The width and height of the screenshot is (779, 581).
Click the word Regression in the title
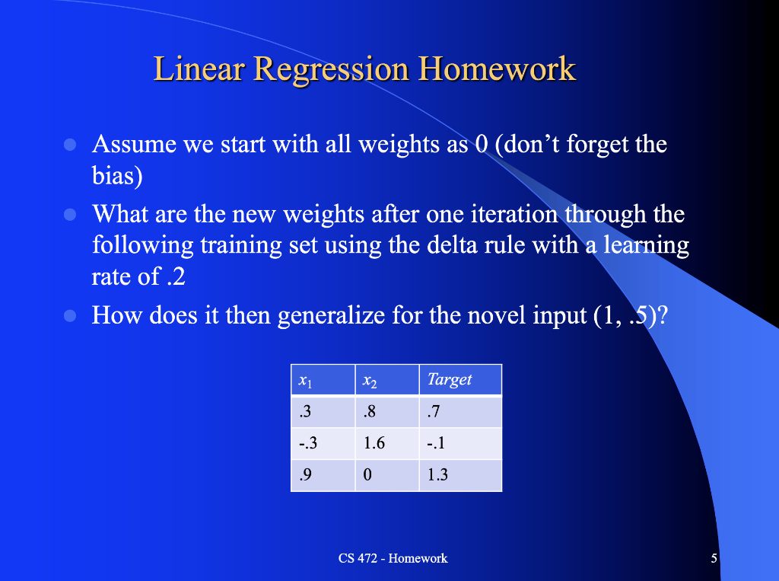tap(332, 69)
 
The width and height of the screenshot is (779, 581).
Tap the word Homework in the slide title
tap(498, 69)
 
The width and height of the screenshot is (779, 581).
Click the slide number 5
tap(714, 558)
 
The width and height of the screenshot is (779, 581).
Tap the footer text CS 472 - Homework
tap(393, 558)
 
